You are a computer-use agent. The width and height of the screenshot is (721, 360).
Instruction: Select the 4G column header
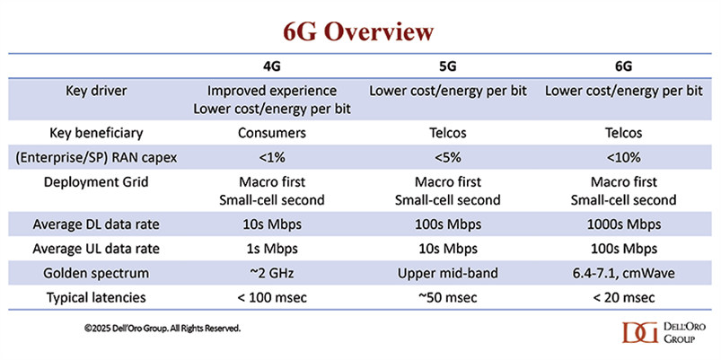272,66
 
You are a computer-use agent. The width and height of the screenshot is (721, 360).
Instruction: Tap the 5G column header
448,66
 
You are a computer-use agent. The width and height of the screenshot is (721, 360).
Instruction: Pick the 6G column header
623,66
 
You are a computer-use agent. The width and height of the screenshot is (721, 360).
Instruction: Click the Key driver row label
96,91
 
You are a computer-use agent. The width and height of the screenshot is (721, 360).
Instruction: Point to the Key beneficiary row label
96,133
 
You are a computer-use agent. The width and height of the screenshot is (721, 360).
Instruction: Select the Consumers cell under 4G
272,133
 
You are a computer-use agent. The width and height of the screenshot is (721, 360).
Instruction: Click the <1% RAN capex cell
272,157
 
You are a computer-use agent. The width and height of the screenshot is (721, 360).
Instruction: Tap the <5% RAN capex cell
448,157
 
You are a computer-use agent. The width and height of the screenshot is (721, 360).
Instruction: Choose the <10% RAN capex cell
623,157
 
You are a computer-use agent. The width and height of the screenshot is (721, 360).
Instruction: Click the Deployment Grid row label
96,182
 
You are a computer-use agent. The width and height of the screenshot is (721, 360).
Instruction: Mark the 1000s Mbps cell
623,224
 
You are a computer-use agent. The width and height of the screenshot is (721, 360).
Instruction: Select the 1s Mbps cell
272,249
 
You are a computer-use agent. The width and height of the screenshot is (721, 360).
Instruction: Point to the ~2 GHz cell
272,273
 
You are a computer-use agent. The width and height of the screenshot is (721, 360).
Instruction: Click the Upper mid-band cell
448,273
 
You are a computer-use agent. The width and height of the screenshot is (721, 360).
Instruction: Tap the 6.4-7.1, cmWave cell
623,273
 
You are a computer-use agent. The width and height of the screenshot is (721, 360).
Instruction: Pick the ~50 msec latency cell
448,297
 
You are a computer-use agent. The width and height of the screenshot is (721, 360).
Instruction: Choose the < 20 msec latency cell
623,297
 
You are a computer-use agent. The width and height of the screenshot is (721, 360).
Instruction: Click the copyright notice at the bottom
163,329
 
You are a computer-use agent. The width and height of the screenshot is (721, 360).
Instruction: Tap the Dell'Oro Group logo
658,332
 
